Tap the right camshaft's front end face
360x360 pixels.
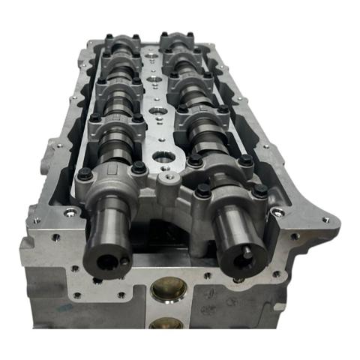[x=244, y=255]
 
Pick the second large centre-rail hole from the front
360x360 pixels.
[x=160, y=112]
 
